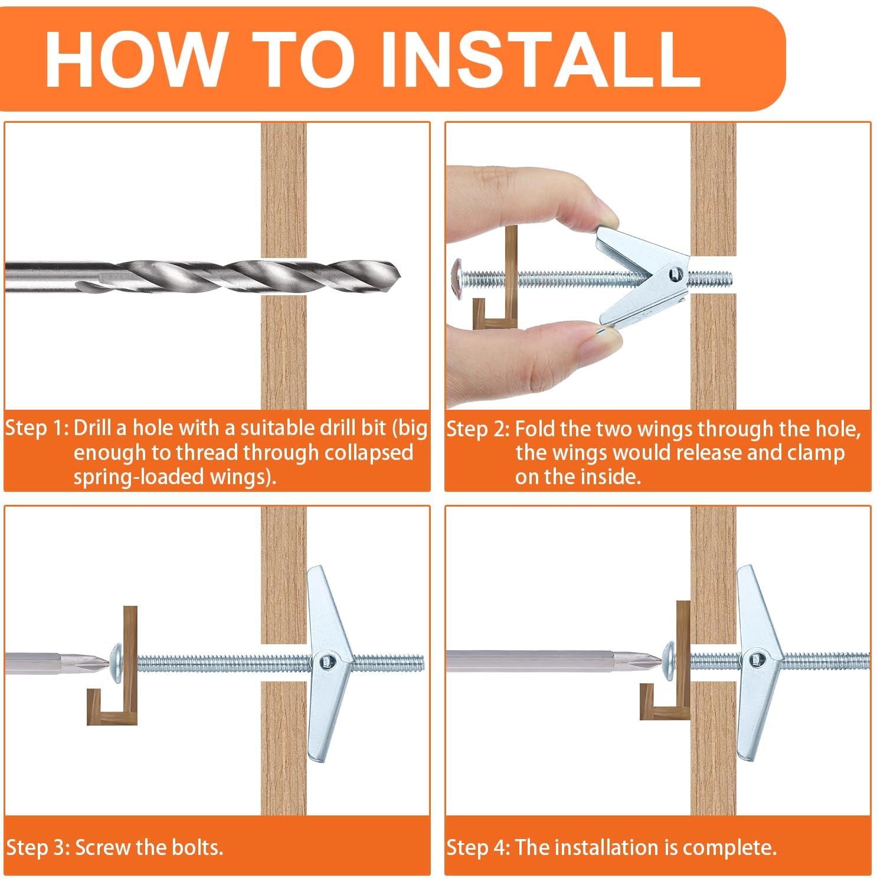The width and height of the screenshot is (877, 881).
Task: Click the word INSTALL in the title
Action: (539, 58)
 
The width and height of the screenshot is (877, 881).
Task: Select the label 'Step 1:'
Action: (37, 428)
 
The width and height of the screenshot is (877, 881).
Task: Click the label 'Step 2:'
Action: (478, 429)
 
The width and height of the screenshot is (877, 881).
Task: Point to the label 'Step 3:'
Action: (38, 847)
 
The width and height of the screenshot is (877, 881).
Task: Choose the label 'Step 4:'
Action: (479, 847)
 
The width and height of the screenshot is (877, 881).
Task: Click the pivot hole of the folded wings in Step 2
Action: (674, 273)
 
